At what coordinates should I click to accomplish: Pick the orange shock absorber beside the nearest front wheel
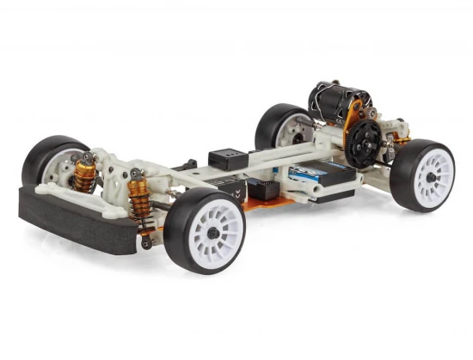pyautogui.click(x=140, y=206)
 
